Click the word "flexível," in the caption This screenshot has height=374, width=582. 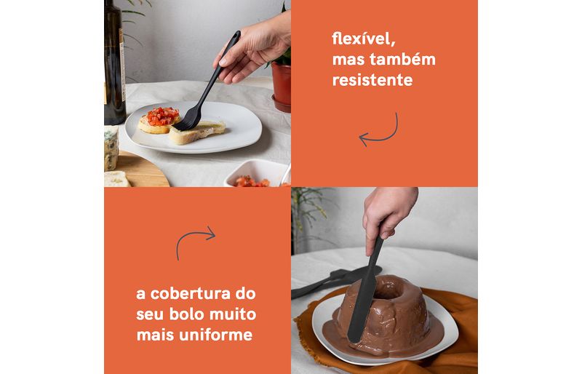point(363,39)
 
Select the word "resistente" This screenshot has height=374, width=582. point(372,80)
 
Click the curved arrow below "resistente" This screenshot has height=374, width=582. point(378,131)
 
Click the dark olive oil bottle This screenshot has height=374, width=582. point(114,62)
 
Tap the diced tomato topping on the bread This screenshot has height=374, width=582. point(162,116)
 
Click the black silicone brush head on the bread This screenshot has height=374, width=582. point(188,120)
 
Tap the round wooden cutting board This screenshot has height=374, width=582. point(142,170)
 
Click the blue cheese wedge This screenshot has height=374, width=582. point(111,148)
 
